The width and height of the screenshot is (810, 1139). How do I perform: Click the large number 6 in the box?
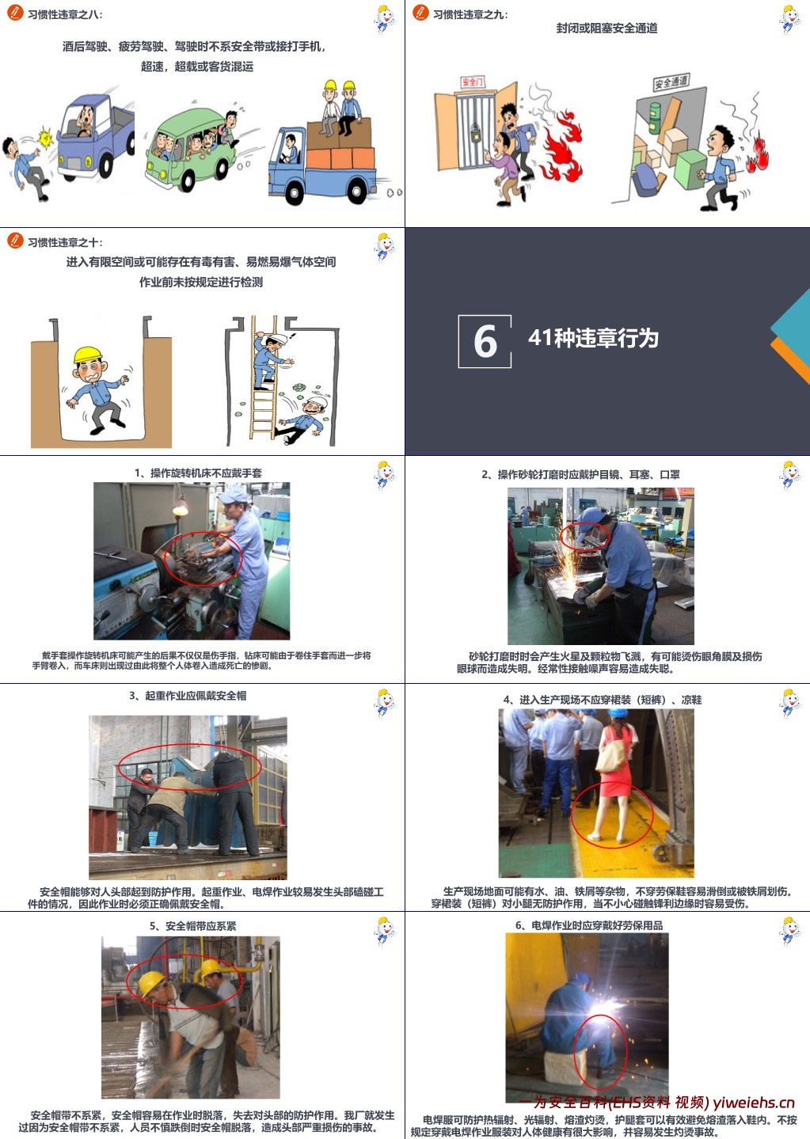coord(485,341)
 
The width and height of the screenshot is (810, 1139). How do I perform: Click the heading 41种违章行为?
coord(593,338)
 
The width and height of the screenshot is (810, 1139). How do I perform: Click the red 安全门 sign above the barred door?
coord(472,82)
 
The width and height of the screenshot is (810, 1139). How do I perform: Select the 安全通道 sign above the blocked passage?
coord(671,82)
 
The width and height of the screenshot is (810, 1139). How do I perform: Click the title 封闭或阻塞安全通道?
coord(607,28)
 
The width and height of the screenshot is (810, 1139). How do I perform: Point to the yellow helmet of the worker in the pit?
coord(88,355)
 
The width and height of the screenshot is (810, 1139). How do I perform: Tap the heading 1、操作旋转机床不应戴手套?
coord(198,473)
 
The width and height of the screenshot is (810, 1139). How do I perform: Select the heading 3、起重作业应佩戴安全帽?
coord(188,696)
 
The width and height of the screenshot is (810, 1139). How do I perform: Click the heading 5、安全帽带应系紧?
coord(192,925)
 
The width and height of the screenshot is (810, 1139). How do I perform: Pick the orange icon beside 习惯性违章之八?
coord(14,13)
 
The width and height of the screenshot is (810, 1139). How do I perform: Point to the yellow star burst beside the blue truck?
coord(46,139)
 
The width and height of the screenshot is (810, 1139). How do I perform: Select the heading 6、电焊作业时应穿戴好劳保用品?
coord(588,924)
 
